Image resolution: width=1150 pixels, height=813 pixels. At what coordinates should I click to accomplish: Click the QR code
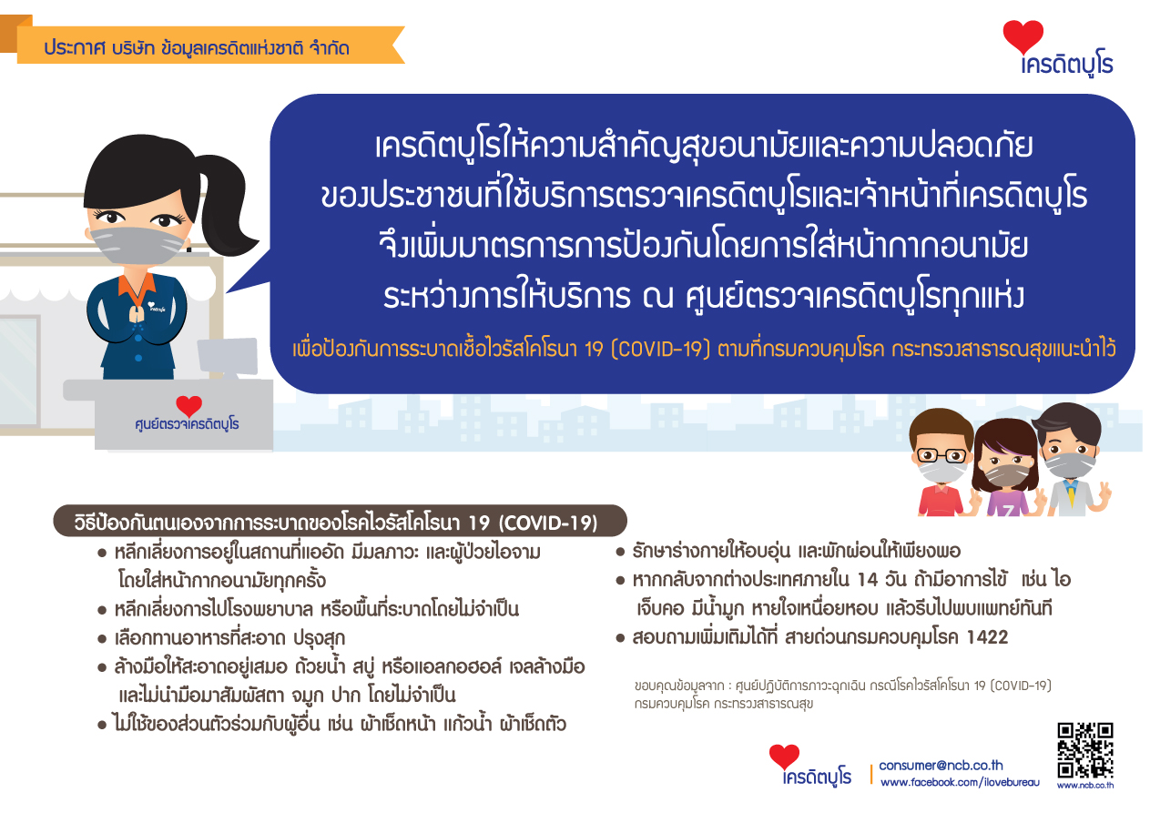(1084, 750)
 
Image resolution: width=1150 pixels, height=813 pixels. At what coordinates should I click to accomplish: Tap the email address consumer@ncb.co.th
(941, 766)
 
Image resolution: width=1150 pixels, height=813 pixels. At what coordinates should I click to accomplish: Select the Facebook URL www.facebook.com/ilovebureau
(960, 782)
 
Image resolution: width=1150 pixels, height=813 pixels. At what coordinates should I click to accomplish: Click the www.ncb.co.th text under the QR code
(1084, 786)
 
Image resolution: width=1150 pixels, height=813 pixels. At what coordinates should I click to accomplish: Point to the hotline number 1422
(987, 637)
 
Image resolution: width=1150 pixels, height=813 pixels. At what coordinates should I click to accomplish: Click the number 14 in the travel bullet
(867, 579)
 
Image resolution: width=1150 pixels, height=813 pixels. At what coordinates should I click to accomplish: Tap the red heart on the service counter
(188, 406)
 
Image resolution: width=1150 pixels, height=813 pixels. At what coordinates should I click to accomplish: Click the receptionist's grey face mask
(137, 245)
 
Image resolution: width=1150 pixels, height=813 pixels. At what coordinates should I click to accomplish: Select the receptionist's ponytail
(226, 206)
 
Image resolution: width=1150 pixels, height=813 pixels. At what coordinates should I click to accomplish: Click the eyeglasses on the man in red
(941, 455)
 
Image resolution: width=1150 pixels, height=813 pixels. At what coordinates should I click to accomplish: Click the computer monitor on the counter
(228, 356)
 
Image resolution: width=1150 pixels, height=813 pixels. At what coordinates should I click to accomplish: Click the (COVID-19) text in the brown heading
(548, 523)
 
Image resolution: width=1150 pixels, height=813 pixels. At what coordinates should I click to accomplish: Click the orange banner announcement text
(197, 47)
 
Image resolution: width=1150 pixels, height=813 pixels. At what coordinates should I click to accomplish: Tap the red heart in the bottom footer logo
(784, 757)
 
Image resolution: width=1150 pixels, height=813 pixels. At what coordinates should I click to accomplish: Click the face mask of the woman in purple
(1006, 475)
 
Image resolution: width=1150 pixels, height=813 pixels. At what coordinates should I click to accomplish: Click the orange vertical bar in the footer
(871, 774)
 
